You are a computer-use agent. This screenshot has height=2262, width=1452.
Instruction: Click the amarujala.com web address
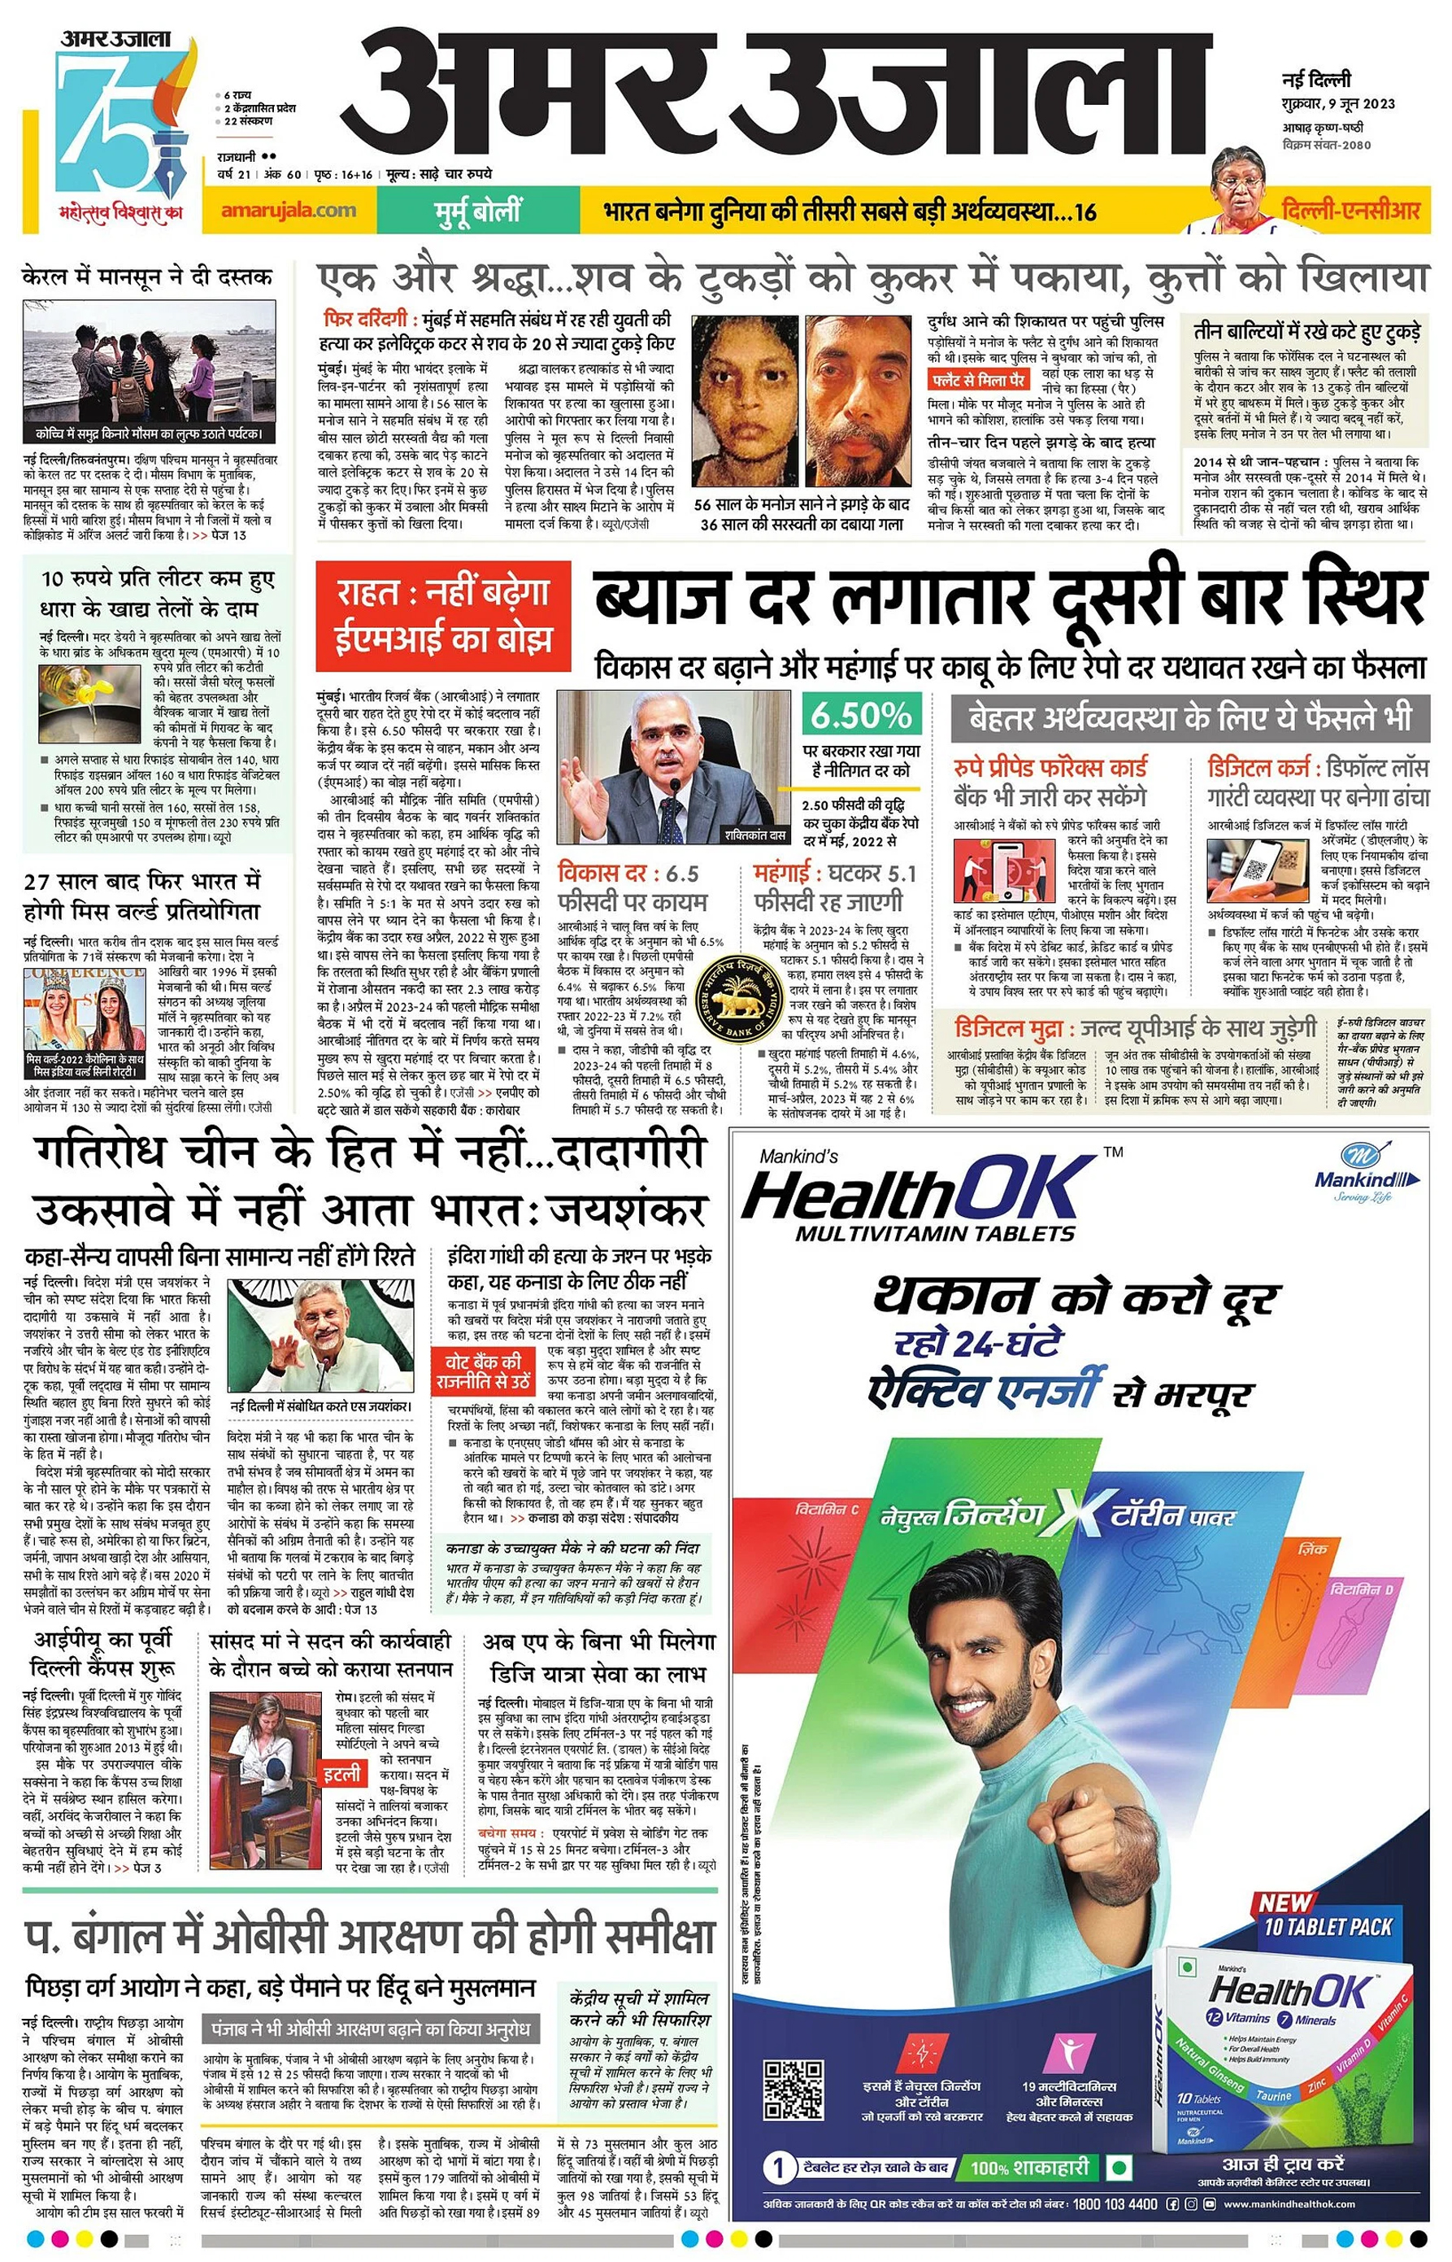[289, 211]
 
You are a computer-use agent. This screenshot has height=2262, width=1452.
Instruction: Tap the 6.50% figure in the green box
[861, 715]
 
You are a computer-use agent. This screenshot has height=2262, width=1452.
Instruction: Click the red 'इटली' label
[342, 1774]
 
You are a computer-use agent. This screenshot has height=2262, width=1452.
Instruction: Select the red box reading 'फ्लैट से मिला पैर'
[978, 379]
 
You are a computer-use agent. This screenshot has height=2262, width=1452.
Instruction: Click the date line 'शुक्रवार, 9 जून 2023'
[1338, 104]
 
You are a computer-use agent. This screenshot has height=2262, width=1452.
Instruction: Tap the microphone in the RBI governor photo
[674, 785]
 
